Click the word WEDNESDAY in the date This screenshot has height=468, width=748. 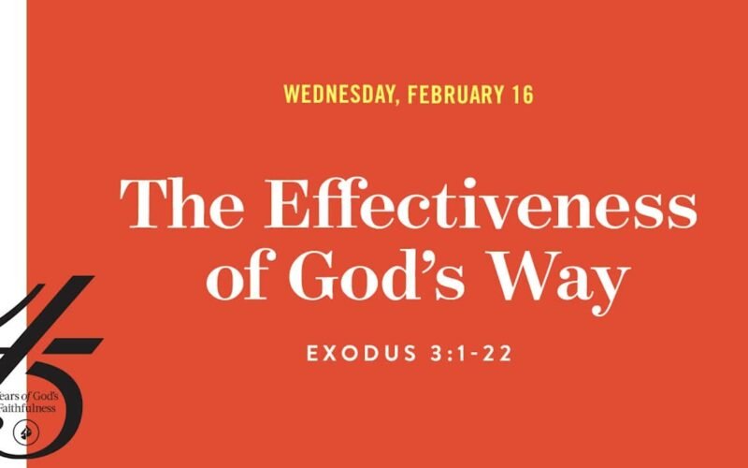[x=337, y=95]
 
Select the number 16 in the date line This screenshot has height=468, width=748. [x=524, y=95]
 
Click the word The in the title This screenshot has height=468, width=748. [x=181, y=203]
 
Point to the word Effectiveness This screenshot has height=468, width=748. [x=481, y=203]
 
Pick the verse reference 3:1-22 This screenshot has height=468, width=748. [x=471, y=354]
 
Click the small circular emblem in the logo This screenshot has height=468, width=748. [x=26, y=433]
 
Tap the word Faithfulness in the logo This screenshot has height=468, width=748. [x=27, y=408]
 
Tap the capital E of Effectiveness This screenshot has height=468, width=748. [x=286, y=203]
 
